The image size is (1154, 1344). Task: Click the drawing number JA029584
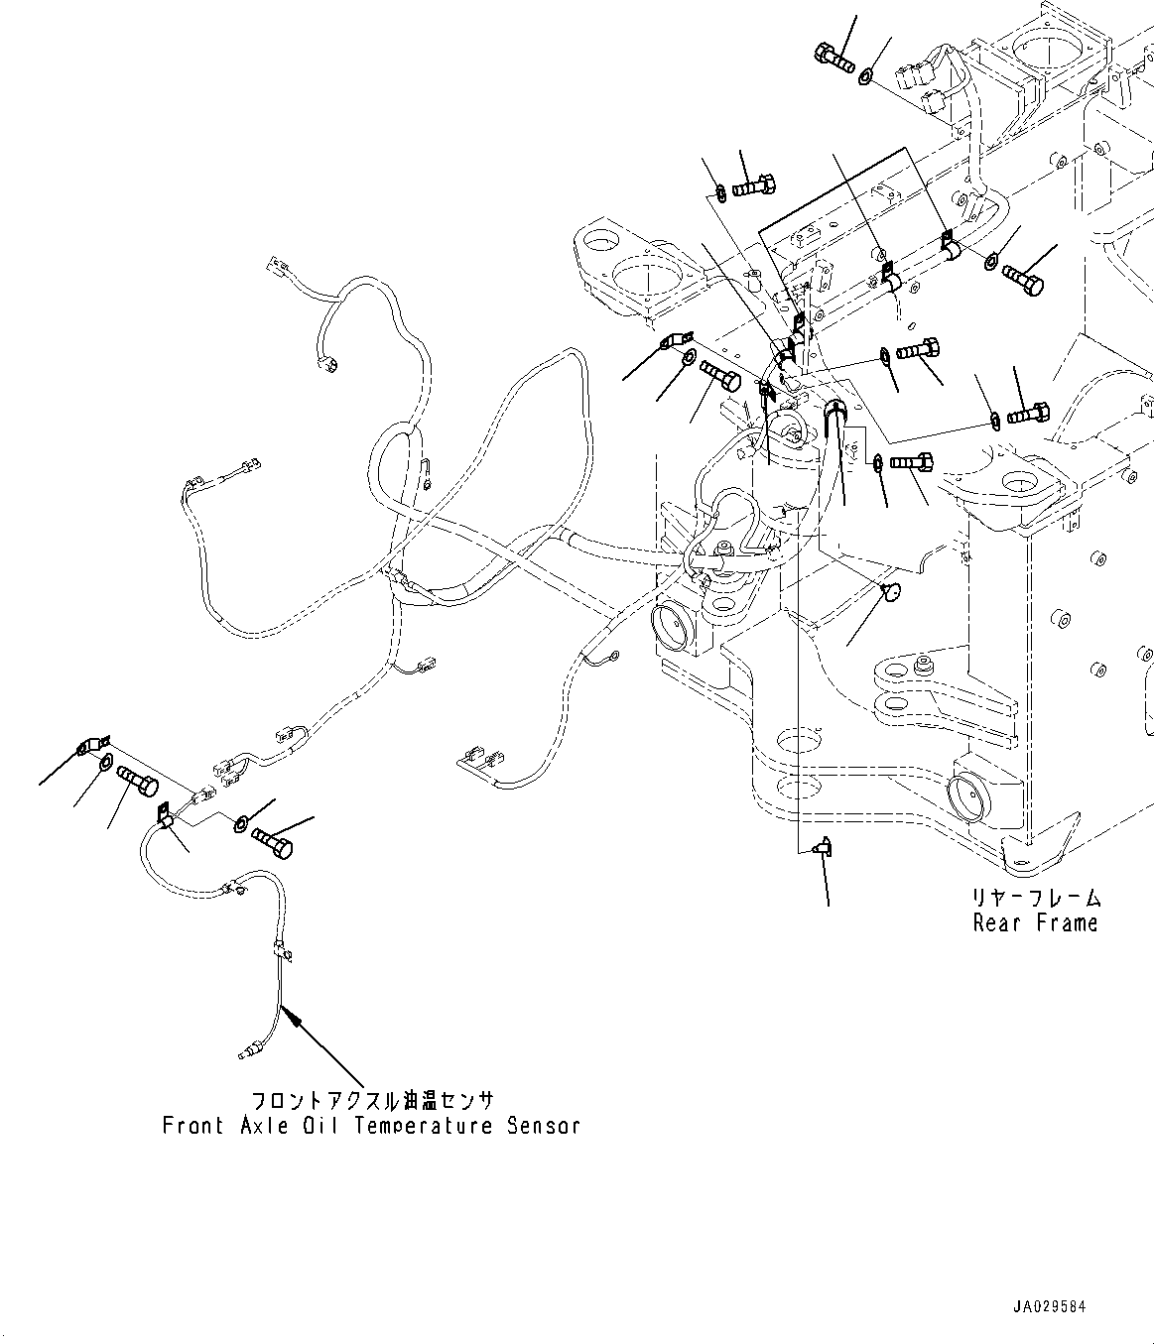pos(1051,1307)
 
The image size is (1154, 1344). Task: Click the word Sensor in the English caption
pos(543,1126)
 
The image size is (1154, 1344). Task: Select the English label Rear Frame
pos(1036,923)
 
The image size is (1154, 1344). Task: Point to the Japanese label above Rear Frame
pos(1036,899)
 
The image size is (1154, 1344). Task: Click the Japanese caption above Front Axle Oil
pos(371,1101)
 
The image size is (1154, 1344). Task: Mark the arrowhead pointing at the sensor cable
pos(287,1012)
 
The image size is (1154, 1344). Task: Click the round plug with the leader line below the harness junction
pos(890,592)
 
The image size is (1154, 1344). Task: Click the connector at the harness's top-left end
pos(275,265)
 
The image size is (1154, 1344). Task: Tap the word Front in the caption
pos(192,1126)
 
